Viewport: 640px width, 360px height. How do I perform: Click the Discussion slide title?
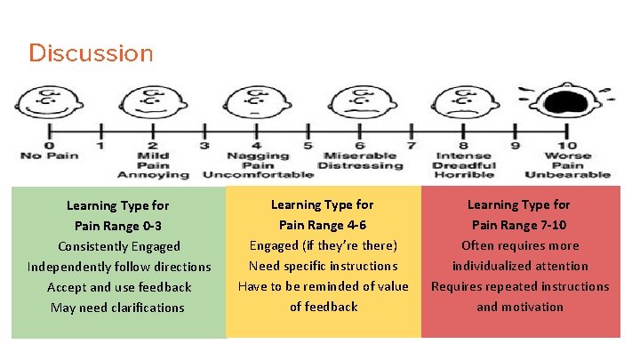(91, 53)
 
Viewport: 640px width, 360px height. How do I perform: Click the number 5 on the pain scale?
(308, 146)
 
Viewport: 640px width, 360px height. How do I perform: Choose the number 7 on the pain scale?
(412, 146)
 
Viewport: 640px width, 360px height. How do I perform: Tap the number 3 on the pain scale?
(204, 146)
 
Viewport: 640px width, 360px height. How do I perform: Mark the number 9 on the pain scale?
(516, 146)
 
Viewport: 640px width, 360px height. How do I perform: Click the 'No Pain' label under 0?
(50, 156)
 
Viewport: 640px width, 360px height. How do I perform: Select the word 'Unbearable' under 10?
(568, 175)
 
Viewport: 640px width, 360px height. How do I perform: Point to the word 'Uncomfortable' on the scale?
(258, 175)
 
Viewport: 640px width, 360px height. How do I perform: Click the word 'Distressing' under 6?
(360, 165)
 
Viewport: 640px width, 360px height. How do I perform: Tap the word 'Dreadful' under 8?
(463, 165)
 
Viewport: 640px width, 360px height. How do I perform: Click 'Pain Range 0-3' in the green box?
(118, 226)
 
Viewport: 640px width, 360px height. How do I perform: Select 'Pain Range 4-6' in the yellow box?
(323, 225)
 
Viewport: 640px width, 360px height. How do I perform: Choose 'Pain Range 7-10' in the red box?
(520, 225)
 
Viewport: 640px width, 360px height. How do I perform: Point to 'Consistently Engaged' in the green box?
(119, 246)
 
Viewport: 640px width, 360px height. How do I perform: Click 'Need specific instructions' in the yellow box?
(323, 266)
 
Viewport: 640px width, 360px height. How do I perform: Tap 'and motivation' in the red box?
(520, 307)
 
